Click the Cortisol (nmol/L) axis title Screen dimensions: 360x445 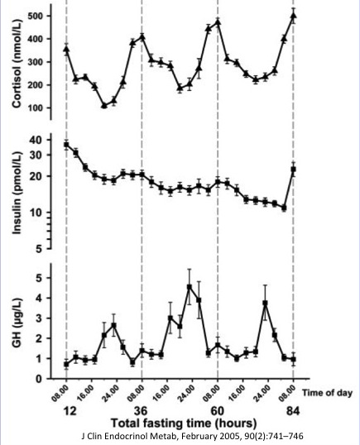(17, 64)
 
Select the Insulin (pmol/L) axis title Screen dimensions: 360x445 (17, 193)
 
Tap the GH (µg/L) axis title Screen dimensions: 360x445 (17, 323)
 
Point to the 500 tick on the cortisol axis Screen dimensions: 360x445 (36, 16)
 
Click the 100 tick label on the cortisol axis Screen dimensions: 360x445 (36, 108)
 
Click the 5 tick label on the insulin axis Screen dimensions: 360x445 (40, 249)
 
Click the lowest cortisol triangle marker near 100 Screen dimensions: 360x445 (104, 106)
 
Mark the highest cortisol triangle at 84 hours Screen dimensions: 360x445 (294, 16)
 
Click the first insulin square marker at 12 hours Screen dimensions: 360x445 (66, 145)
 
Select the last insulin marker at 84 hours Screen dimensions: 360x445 (294, 169)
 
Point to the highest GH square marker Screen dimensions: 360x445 (190, 287)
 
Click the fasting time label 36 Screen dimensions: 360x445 (141, 410)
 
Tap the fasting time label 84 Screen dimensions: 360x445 (293, 410)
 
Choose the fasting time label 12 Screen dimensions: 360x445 (70, 410)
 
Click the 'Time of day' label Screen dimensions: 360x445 (328, 393)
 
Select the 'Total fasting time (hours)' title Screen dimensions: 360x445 (184, 423)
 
